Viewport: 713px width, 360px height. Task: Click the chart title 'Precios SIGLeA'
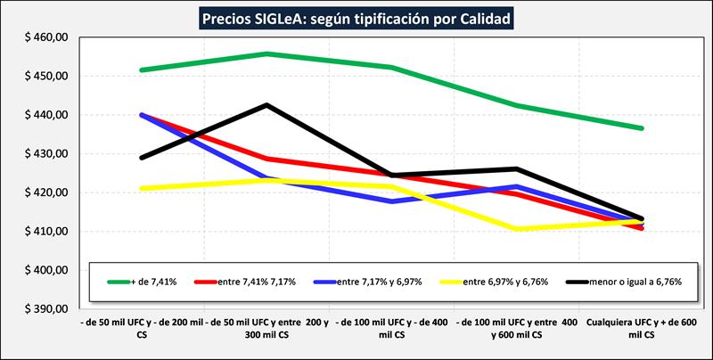click(356, 18)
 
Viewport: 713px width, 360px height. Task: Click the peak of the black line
click(266, 105)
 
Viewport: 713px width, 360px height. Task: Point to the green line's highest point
click(266, 53)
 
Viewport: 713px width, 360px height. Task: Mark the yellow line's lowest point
click(517, 229)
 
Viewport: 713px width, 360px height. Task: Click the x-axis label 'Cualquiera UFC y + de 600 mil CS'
click(643, 327)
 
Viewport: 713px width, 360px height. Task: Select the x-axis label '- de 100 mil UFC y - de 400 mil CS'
click(392, 327)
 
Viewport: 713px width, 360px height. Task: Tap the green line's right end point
click(643, 128)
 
